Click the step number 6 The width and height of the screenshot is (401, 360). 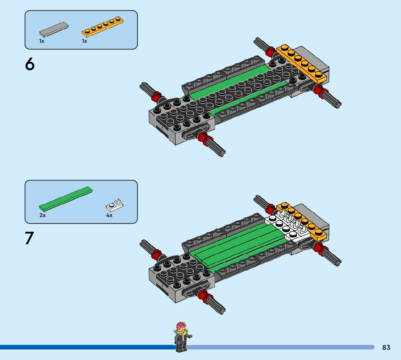(x=30, y=64)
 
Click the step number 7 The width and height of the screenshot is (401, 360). (x=30, y=238)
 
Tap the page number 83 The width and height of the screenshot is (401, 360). (x=386, y=347)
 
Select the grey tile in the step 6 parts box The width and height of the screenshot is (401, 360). (x=54, y=29)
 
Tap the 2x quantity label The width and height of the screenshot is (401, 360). (x=42, y=215)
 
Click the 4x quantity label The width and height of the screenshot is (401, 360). (x=109, y=215)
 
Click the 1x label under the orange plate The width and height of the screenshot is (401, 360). (x=84, y=41)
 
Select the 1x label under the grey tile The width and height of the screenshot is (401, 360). (x=42, y=41)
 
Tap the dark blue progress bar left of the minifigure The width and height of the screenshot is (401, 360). (x=87, y=347)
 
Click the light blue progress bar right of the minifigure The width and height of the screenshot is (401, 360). (x=283, y=347)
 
